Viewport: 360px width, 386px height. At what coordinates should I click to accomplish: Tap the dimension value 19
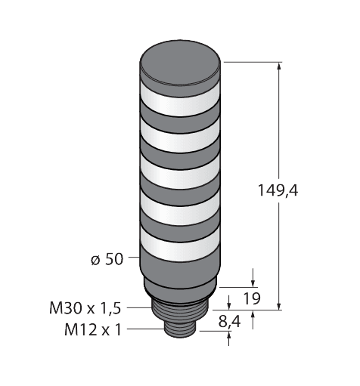point(253,298)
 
